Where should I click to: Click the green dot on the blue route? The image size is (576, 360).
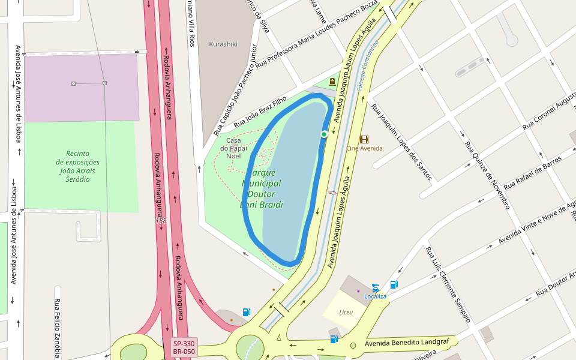point(324,134)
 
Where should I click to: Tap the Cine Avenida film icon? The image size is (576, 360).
point(364,139)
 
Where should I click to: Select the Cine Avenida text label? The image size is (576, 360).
point(364,148)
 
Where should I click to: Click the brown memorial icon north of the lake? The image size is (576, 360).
point(332,81)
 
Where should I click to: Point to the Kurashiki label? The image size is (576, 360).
point(223,44)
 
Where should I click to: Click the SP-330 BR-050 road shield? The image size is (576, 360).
point(184,347)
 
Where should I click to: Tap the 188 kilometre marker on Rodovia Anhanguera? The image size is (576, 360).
point(161,221)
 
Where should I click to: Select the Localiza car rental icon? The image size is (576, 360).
point(375,287)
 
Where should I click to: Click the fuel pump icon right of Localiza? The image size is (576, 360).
point(394,284)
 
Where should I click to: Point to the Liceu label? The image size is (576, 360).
point(346,312)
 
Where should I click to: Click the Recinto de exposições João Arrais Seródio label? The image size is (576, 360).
point(78,166)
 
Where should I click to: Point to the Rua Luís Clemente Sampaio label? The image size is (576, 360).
point(448,284)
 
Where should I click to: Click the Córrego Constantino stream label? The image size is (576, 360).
point(367,66)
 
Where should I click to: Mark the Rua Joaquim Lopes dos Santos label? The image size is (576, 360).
point(401,142)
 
